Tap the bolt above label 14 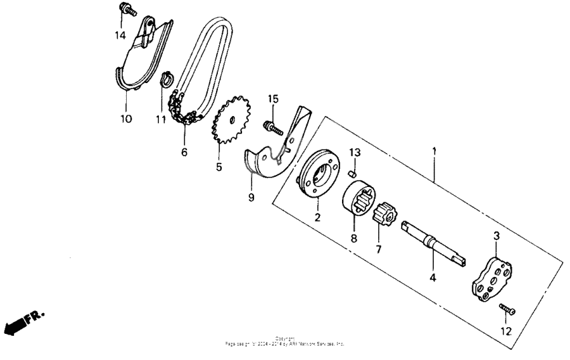[127, 10]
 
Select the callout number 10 [126, 119]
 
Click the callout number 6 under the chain [184, 152]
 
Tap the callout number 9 [251, 198]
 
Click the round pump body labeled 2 [319, 175]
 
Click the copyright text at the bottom [285, 341]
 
